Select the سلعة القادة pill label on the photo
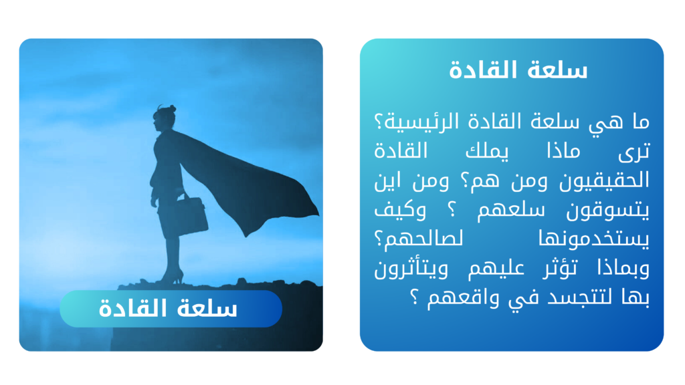(x=171, y=309)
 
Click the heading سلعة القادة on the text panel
(x=518, y=70)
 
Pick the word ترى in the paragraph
(x=634, y=152)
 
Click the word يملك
(x=487, y=152)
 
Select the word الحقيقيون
(x=604, y=181)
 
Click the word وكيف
(x=400, y=210)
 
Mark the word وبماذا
(x=623, y=269)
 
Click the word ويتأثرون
(x=411, y=269)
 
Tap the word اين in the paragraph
(x=387, y=181)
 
